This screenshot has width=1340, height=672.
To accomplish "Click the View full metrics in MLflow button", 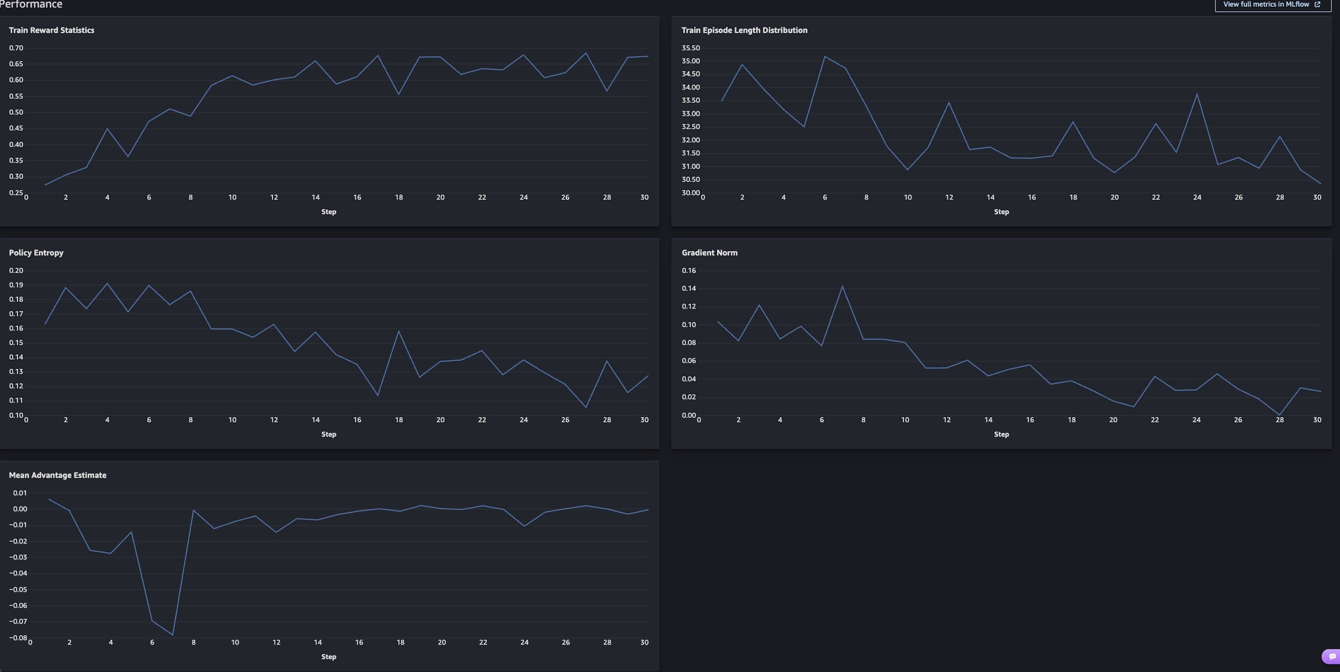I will pyautogui.click(x=1272, y=4).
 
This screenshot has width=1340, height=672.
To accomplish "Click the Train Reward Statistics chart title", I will pyautogui.click(x=51, y=30).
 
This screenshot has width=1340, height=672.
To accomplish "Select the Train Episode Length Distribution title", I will pyautogui.click(x=744, y=30).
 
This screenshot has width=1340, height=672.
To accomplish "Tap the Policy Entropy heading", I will pyautogui.click(x=36, y=253).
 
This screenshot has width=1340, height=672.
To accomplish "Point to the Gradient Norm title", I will pyautogui.click(x=709, y=253).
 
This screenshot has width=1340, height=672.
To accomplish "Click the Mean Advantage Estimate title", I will pyautogui.click(x=57, y=475).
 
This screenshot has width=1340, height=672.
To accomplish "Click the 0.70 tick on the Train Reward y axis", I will pyautogui.click(x=16, y=48).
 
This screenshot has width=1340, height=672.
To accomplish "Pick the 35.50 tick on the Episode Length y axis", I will pyautogui.click(x=690, y=48).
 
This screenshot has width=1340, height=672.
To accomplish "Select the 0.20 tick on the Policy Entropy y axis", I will pyautogui.click(x=16, y=270).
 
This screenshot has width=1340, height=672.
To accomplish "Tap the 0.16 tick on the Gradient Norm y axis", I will pyautogui.click(x=688, y=270).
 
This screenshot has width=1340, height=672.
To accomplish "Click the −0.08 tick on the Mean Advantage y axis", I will pyautogui.click(x=18, y=638).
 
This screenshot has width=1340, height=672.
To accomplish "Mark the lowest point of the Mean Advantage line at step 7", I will pyautogui.click(x=173, y=635).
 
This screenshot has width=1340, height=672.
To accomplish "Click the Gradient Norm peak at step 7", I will pyautogui.click(x=842, y=286).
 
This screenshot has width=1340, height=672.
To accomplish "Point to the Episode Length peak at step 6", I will pyautogui.click(x=824, y=57).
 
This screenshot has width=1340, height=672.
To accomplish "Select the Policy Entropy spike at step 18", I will pyautogui.click(x=399, y=331).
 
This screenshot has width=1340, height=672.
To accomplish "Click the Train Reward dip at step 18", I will pyautogui.click(x=399, y=94).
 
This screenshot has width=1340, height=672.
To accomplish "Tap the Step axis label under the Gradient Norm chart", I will pyautogui.click(x=1001, y=434).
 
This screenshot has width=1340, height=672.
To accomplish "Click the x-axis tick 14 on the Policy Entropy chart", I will pyautogui.click(x=315, y=420).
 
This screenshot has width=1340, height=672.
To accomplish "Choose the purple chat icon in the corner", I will pyautogui.click(x=1332, y=657).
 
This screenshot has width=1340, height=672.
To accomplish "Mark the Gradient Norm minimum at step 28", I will pyautogui.click(x=1279, y=415).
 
